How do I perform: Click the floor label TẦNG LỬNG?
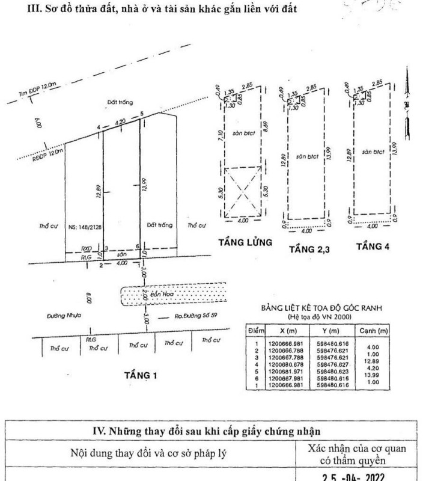coord(246,243)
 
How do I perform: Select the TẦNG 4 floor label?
coord(373,245)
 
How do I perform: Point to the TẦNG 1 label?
coord(141,376)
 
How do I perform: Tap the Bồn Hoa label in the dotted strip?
coord(153,296)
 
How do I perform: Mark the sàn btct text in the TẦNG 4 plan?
coord(374,153)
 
